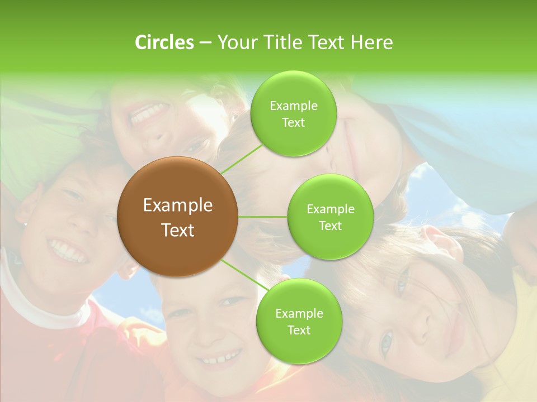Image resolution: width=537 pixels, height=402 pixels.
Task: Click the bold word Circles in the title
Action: (164, 42)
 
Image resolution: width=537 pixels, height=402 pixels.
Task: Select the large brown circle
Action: (178, 217)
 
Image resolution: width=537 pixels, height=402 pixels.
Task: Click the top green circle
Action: (293, 114)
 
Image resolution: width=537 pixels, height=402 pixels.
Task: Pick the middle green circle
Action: (330, 217)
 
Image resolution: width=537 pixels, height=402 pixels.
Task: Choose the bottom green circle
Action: (299, 321)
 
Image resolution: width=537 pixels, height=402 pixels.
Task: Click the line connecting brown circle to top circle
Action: (242, 157)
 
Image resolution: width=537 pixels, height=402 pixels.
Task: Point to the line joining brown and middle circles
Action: (263, 217)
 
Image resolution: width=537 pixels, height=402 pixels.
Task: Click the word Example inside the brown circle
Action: (178, 205)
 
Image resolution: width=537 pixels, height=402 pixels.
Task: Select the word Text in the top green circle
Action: (293, 123)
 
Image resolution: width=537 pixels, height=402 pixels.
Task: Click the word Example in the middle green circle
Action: (330, 209)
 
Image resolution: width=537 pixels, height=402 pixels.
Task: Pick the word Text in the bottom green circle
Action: (299, 330)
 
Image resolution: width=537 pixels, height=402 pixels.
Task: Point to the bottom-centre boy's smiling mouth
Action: (221, 357)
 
